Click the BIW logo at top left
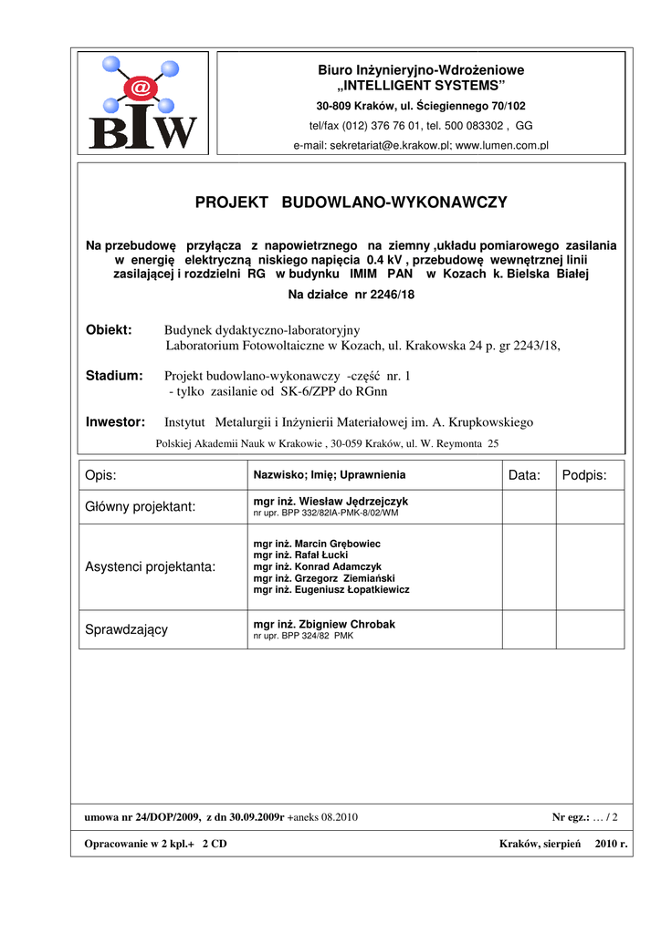(142, 101)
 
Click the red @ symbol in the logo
(141, 88)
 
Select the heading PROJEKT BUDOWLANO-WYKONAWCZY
(351, 202)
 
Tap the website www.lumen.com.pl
(501, 145)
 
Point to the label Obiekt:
(109, 329)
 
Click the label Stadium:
(114, 376)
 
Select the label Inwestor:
(116, 422)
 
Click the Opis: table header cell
(101, 475)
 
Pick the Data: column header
(525, 475)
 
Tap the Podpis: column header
(584, 475)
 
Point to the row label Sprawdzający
(126, 629)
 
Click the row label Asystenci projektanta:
(151, 567)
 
